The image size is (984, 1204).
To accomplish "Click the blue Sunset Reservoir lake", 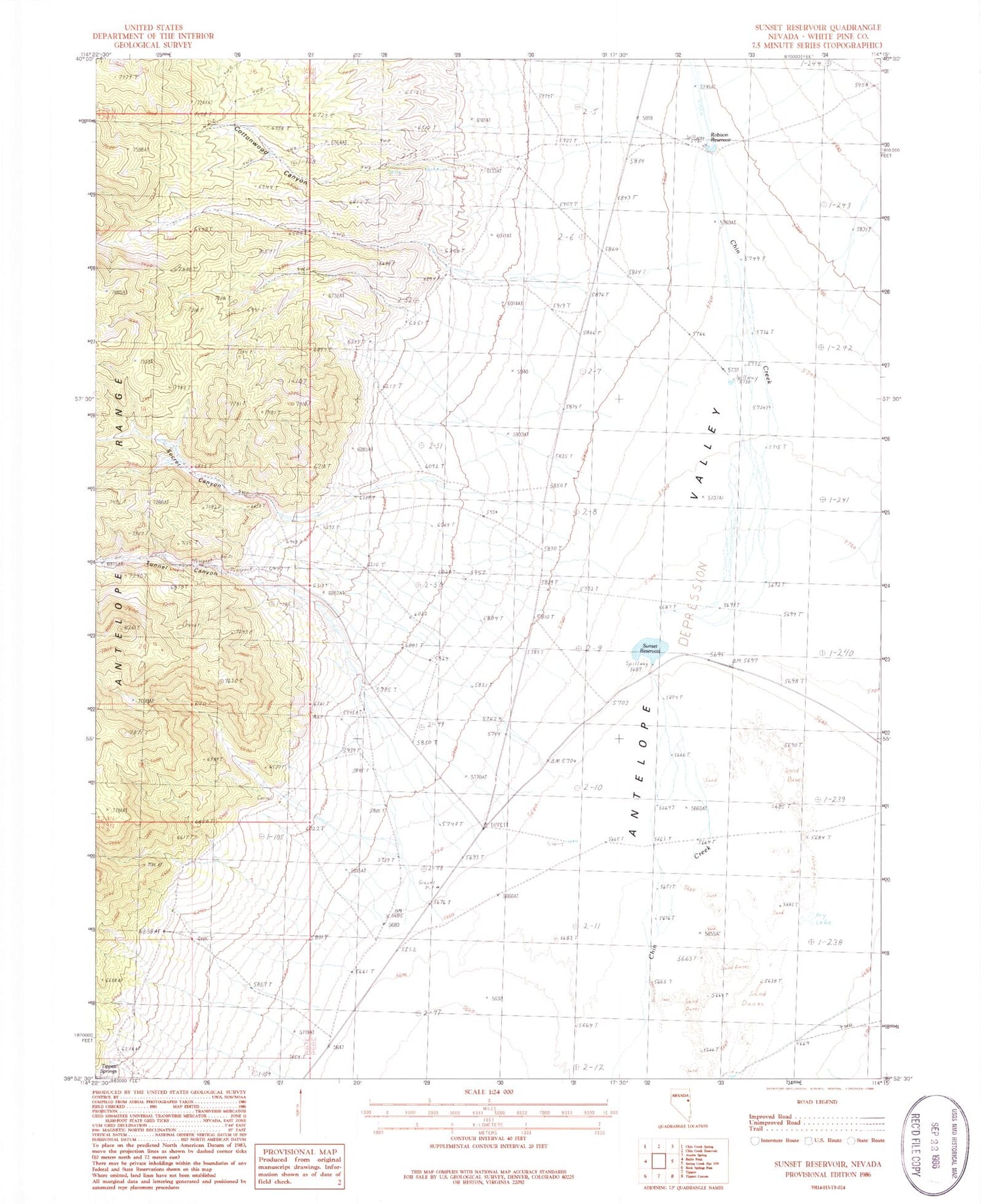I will click(x=649, y=649).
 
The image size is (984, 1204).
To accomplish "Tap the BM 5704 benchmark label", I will click(x=563, y=761).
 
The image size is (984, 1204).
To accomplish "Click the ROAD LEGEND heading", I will click(x=817, y=1102).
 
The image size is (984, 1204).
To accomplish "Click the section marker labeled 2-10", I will click(x=589, y=788).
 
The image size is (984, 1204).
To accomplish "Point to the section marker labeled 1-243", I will click(x=836, y=205).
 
